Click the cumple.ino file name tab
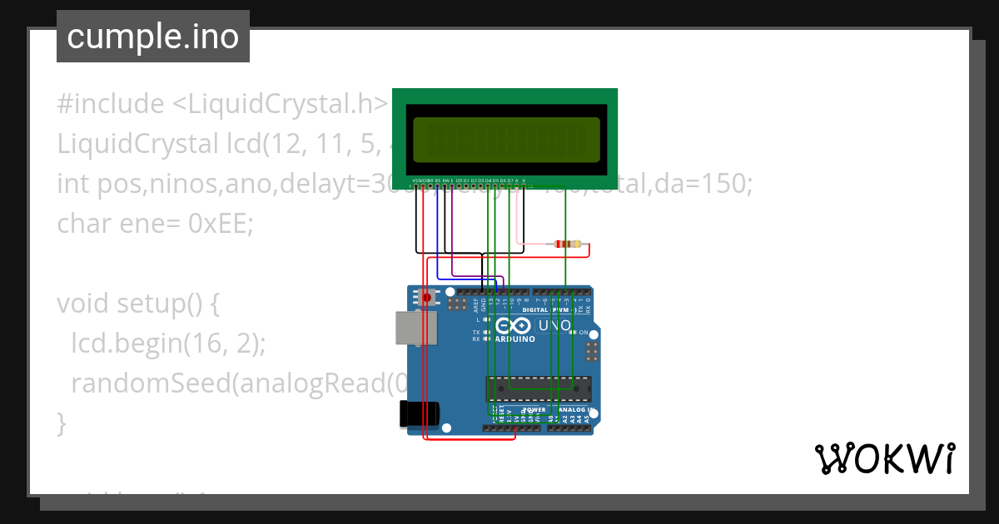point(152,37)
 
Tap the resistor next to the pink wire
point(568,244)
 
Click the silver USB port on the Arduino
point(413,328)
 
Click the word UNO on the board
point(554,325)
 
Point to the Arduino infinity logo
point(512,325)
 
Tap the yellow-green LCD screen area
point(506,140)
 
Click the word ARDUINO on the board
point(515,339)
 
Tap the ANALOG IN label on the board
point(574,410)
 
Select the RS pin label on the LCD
point(438,180)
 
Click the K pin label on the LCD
point(524,180)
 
